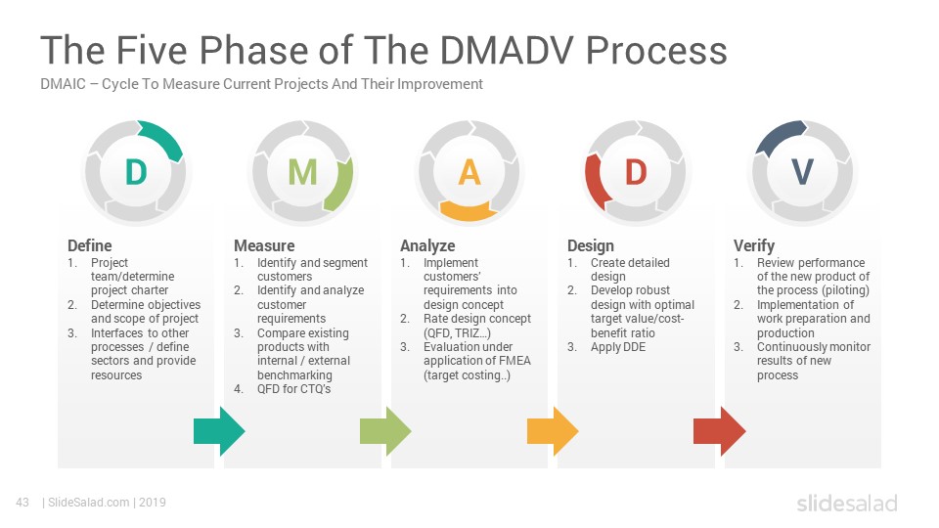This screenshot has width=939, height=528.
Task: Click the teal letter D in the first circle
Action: point(136,172)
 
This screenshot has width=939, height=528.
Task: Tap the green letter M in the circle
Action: point(302,172)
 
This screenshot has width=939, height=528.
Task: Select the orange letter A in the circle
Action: point(469,172)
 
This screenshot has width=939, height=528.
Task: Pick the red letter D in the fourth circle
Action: point(636,172)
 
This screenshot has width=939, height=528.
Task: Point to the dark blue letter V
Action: point(802,172)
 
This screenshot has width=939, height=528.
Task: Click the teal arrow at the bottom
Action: point(219,431)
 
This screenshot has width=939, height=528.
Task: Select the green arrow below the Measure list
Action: point(385,431)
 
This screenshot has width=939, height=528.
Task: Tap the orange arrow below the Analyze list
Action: point(552,431)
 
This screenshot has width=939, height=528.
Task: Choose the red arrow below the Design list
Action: point(719,431)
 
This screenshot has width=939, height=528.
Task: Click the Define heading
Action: point(89,245)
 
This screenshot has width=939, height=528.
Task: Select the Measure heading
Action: point(264,245)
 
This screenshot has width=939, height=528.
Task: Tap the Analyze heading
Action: point(427,246)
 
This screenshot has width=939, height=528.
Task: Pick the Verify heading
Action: point(754,246)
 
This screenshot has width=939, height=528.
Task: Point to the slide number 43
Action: point(22,503)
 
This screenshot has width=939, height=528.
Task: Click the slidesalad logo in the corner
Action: point(847,503)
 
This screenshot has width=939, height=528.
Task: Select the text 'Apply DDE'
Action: point(618,347)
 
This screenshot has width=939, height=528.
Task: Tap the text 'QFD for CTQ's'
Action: point(293,389)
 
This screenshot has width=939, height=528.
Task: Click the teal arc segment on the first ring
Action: point(163,138)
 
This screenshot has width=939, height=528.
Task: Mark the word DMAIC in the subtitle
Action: point(63,84)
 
